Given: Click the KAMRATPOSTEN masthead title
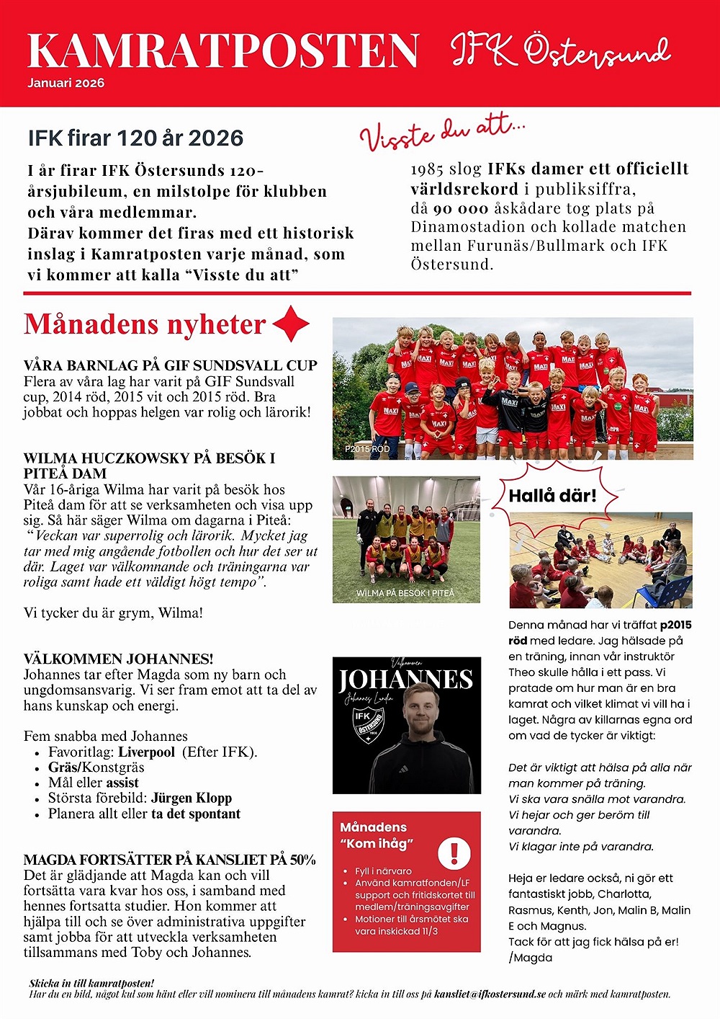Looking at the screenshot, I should click(222, 50).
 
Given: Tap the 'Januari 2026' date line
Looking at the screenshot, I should click(66, 83).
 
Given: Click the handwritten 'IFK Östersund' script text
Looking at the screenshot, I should click(560, 50).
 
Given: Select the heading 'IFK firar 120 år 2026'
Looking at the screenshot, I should click(135, 138).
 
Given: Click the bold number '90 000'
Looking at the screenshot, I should click(461, 208).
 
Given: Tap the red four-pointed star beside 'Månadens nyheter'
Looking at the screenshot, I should click(291, 324).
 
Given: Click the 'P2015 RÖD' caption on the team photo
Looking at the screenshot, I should click(367, 449).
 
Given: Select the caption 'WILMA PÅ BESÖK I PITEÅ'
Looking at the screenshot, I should click(405, 593).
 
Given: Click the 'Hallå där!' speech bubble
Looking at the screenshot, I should click(552, 496).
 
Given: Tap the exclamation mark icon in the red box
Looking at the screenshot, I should click(454, 853).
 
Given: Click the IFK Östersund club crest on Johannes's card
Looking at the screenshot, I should click(367, 721).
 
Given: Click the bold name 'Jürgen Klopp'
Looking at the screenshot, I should click(192, 798).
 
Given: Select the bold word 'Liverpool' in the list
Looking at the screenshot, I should click(147, 752).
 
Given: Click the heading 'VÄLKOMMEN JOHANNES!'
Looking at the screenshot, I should click(118, 659).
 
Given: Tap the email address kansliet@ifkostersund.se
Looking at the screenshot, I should click(490, 994).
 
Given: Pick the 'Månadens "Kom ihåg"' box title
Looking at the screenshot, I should click(377, 835).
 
